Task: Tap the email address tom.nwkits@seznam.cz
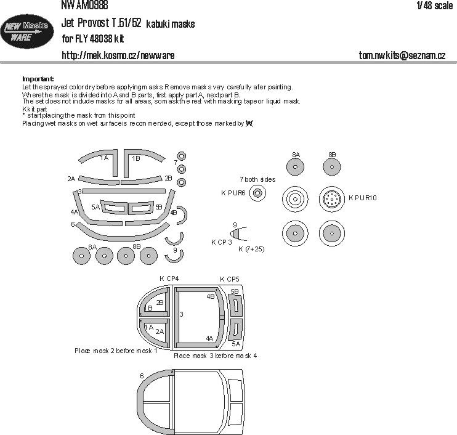tap(402, 55)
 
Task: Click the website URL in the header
tap(118, 55)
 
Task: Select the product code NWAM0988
tap(85, 5)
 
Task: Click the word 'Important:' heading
tap(38, 79)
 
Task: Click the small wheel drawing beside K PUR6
tap(259, 193)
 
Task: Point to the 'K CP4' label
tap(169, 279)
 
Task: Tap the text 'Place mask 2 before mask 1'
tap(116, 350)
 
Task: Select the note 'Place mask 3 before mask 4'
tap(216, 356)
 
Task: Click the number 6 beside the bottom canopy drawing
tap(142, 375)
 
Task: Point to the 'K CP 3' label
tap(221, 242)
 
